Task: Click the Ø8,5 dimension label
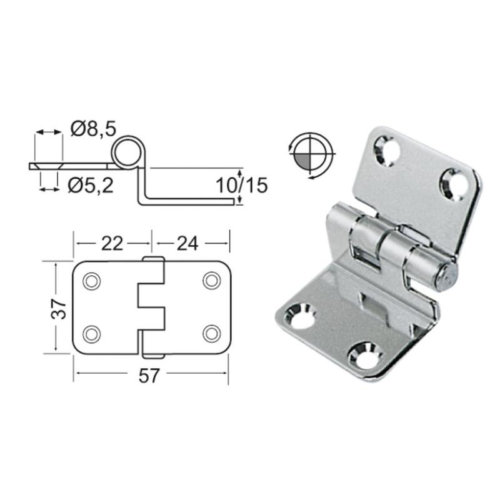93,129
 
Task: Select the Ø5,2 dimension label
91,185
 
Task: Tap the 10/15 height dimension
242,185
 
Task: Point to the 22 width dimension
112,244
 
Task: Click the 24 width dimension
187,244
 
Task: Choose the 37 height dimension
58,309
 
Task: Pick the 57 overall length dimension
149,376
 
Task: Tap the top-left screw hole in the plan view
91,281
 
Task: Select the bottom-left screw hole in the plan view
91,334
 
